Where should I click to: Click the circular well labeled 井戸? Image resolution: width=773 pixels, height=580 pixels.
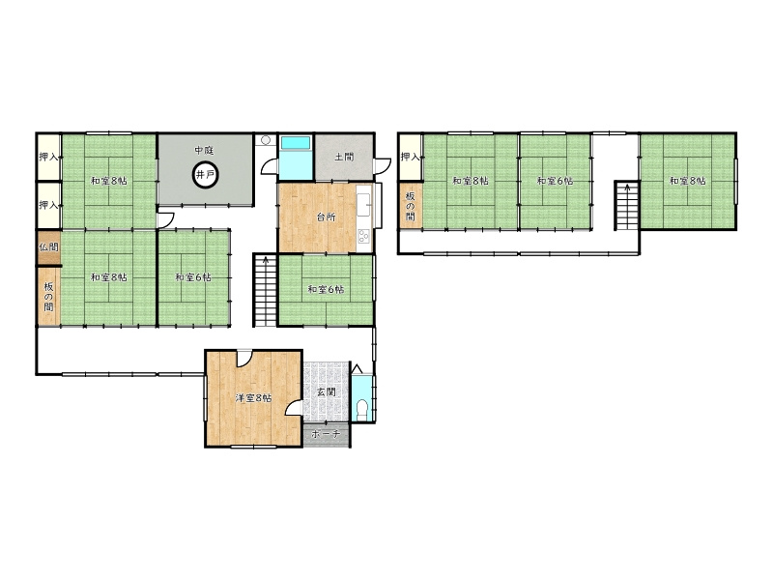205,174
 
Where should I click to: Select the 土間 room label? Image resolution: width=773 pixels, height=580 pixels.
344,158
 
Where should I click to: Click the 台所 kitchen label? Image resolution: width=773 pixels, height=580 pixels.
326,217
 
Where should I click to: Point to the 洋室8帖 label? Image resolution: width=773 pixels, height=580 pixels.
253,398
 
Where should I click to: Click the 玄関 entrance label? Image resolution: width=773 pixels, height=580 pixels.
326,392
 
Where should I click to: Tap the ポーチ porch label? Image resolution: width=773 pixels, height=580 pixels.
326,434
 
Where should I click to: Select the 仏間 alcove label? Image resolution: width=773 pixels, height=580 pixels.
48,246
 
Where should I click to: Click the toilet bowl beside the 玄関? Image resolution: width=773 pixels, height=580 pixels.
362,409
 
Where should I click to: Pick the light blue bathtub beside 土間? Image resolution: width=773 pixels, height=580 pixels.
296,143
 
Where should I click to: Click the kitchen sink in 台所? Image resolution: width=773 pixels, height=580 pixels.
364,204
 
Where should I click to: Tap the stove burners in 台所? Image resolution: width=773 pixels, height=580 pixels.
364,236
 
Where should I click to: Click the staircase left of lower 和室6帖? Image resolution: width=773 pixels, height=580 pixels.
265,290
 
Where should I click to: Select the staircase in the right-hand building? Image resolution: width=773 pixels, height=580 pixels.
626,206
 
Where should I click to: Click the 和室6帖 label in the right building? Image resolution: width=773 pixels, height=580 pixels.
555,181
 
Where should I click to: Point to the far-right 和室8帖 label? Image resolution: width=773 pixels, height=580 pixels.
687,181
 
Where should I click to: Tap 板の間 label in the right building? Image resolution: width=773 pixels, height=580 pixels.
410,206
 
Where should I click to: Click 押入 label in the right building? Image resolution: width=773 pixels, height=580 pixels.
410,157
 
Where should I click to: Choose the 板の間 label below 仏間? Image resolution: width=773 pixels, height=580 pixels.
48,297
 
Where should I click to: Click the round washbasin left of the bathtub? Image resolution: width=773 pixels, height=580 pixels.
267,140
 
